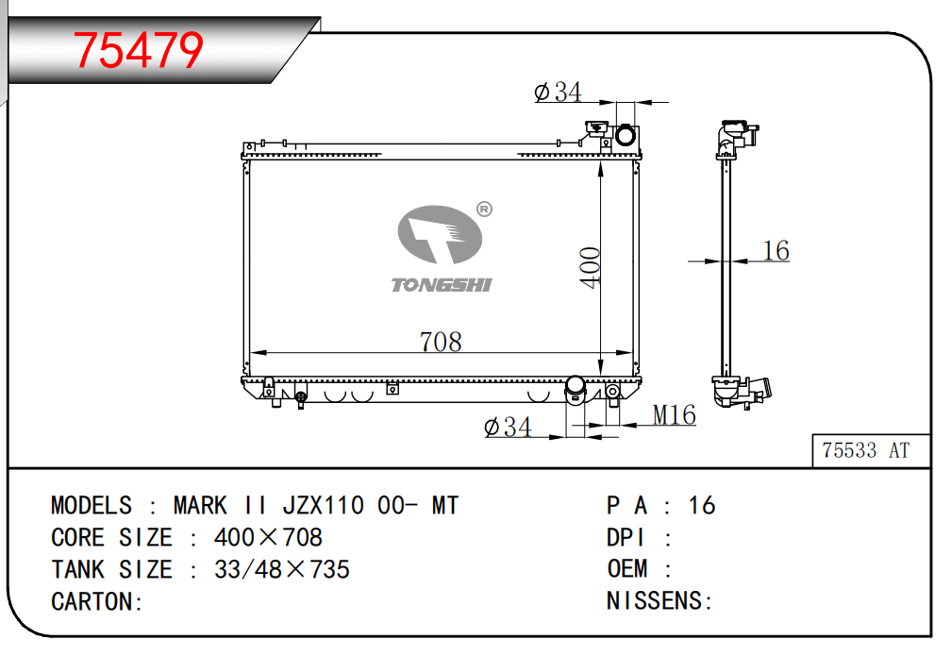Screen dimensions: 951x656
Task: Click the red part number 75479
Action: click(138, 50)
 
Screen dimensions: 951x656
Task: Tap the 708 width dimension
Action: click(441, 342)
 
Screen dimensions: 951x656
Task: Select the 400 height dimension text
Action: click(590, 268)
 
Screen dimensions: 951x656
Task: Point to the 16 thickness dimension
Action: click(776, 251)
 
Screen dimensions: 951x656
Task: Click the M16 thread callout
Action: click(674, 415)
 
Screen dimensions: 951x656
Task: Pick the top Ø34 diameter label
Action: click(558, 93)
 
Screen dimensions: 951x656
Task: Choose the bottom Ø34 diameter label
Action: click(509, 427)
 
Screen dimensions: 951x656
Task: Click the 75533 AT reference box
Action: click(871, 451)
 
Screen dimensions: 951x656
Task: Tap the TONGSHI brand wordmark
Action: click(441, 285)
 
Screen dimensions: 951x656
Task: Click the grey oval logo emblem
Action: click(440, 234)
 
